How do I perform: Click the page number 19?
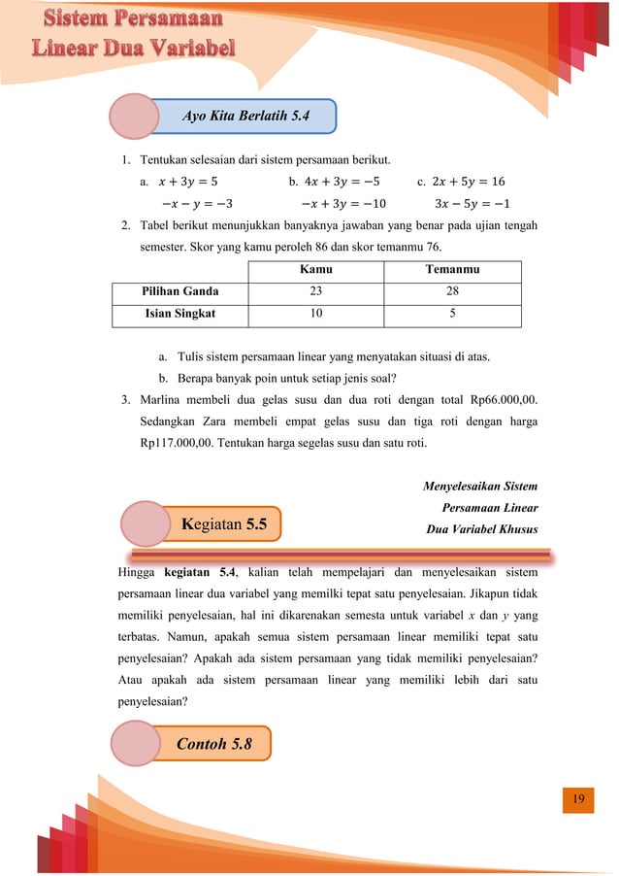[578, 799]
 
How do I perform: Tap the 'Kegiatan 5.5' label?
[224, 524]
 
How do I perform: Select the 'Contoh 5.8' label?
[213, 744]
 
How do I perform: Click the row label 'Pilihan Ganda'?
[180, 291]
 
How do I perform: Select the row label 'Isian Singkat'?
[180, 315]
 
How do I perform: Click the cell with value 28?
[452, 291]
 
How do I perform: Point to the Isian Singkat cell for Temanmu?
[452, 315]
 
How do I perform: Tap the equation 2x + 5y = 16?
[468, 181]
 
